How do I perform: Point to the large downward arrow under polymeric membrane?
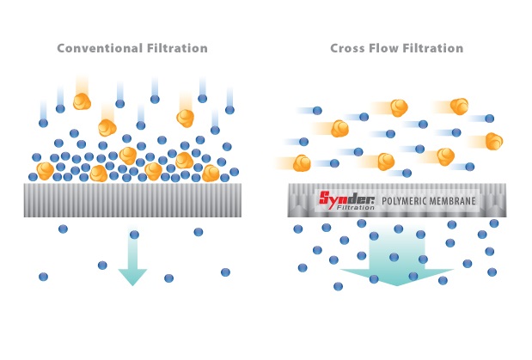396,262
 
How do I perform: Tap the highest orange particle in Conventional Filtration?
82,101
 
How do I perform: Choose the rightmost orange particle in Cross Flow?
493,141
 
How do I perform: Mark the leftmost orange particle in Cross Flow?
302,162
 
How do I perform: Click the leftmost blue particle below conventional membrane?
43,277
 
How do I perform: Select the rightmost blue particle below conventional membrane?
225,272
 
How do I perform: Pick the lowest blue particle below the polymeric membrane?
338,286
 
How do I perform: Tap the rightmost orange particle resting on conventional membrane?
211,173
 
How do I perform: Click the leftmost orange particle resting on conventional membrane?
45,170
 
